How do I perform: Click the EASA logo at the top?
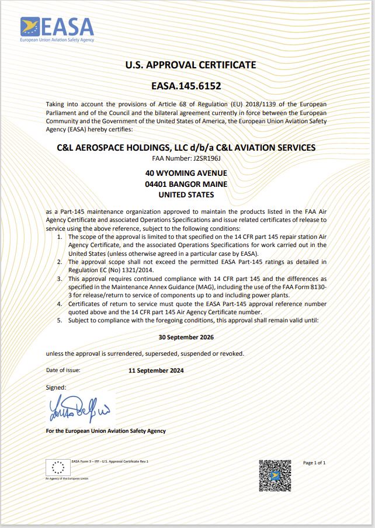(57, 29)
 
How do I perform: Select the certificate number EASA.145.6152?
(186, 86)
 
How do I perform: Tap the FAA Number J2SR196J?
(186, 157)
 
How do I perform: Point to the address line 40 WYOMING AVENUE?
(186, 173)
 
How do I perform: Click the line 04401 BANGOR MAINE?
(186, 184)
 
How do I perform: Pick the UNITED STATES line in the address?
(186, 194)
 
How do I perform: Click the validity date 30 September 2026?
(186, 338)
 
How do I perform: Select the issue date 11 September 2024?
(156, 370)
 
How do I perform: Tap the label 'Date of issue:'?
(63, 370)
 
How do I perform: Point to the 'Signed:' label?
(56, 387)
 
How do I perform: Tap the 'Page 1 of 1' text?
(314, 463)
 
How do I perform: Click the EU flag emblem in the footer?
(58, 467)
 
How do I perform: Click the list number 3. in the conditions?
(60, 279)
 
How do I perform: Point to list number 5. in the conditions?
(60, 321)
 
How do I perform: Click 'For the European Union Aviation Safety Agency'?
(106, 431)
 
